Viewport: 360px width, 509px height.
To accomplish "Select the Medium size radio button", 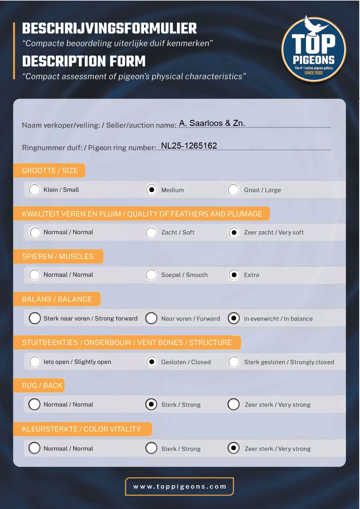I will [151, 190].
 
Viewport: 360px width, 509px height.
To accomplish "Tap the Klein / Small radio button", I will [35, 190].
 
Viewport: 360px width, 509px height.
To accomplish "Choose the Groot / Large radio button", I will [234, 190].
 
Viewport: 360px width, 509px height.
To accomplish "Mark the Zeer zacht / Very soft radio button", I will [234, 232].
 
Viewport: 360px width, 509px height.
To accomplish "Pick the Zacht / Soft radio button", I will [151, 232].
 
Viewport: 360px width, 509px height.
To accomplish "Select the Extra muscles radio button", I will [234, 275].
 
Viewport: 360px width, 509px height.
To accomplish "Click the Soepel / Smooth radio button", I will [151, 275].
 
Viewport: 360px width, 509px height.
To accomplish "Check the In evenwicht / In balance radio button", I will [234, 318].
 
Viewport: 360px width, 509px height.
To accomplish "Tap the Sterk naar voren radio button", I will [35, 318].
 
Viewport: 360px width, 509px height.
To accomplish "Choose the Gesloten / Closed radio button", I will [151, 362].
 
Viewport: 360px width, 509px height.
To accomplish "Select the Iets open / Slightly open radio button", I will [35, 362].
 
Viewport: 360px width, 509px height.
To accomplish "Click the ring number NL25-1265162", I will [189, 146].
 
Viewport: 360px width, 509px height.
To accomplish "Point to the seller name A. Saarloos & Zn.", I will [212, 123].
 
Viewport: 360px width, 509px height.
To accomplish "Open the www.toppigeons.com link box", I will [179, 486].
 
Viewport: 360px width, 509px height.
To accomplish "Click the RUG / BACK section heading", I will [42, 385].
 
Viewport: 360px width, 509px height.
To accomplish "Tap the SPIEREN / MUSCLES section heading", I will [58, 257].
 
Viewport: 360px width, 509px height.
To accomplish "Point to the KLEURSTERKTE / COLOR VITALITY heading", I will [81, 429].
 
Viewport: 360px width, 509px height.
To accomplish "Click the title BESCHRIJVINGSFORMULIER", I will [109, 28].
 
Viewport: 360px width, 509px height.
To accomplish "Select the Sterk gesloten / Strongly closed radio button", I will [234, 362].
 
